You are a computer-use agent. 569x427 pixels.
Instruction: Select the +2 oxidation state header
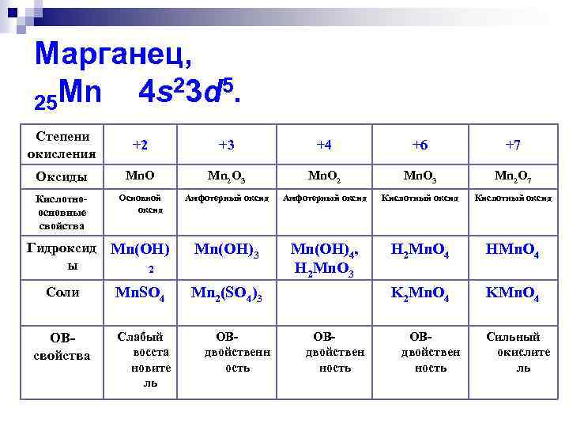pos(140,145)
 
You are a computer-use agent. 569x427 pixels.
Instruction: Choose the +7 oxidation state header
pos(512,145)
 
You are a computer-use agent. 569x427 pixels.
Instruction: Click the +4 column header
pos(324,145)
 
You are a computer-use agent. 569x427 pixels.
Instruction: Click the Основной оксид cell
pos(140,204)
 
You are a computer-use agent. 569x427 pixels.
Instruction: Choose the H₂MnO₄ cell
pos(420,252)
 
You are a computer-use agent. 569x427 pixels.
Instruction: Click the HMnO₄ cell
pos(512,252)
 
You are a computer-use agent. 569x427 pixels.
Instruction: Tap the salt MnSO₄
pos(140,296)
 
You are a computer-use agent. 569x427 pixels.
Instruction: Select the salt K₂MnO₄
pos(420,296)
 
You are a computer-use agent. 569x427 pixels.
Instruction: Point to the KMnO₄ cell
pos(512,296)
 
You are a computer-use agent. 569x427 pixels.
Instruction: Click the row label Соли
pos(62,293)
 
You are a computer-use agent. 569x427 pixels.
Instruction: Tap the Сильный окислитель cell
pos(512,352)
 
